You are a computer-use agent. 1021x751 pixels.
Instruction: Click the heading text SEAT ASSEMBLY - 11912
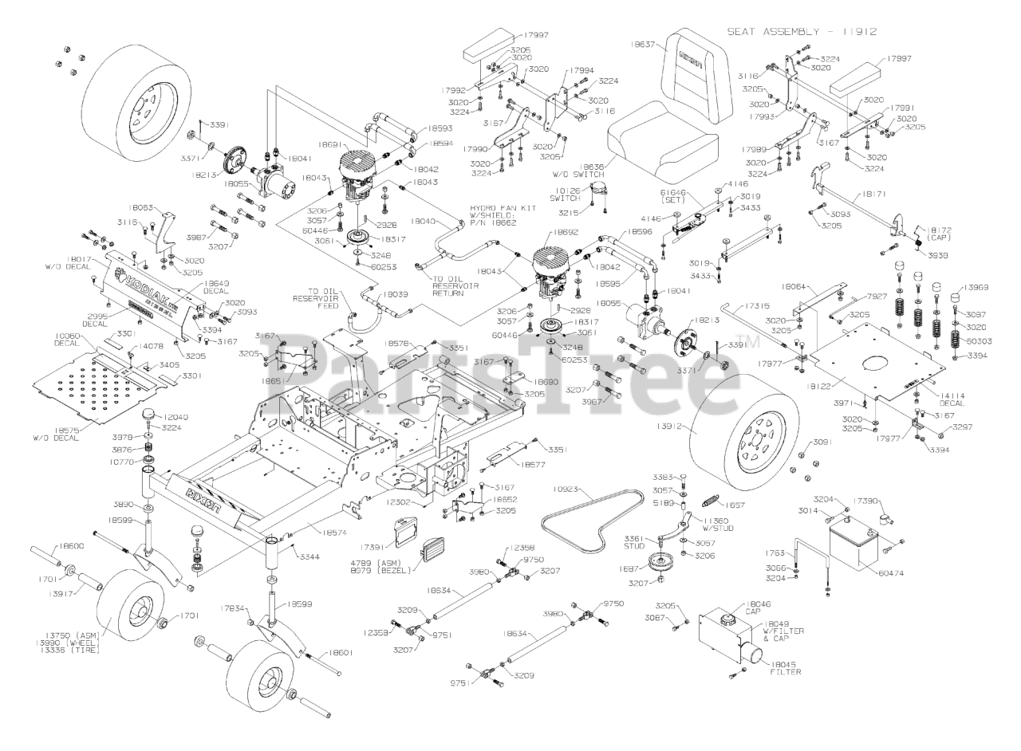[x=802, y=32]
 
